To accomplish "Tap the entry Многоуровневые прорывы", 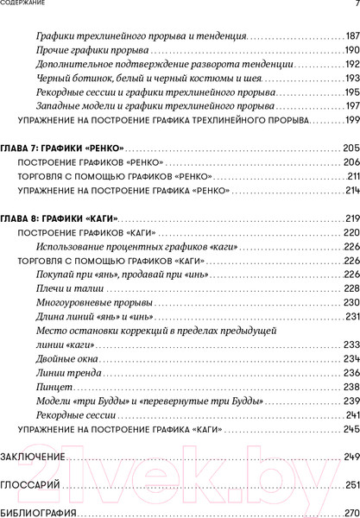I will (95, 303).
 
